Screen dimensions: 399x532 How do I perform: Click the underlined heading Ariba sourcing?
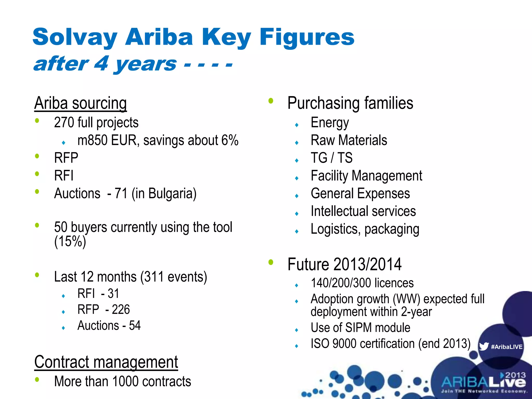81,103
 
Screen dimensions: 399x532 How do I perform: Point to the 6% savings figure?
230,140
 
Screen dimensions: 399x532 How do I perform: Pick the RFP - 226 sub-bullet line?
104,309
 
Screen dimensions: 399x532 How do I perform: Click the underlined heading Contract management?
106,362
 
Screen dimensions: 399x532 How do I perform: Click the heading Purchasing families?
350,103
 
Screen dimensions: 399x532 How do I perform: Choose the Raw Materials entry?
349,140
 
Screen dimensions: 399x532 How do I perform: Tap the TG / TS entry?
332,158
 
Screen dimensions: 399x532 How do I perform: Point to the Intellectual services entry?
363,211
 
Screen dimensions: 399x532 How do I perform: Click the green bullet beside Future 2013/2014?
271,262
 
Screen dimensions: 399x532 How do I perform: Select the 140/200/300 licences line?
362,283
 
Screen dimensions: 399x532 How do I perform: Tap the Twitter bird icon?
484,347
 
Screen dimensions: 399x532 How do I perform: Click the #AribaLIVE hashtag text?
507,347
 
